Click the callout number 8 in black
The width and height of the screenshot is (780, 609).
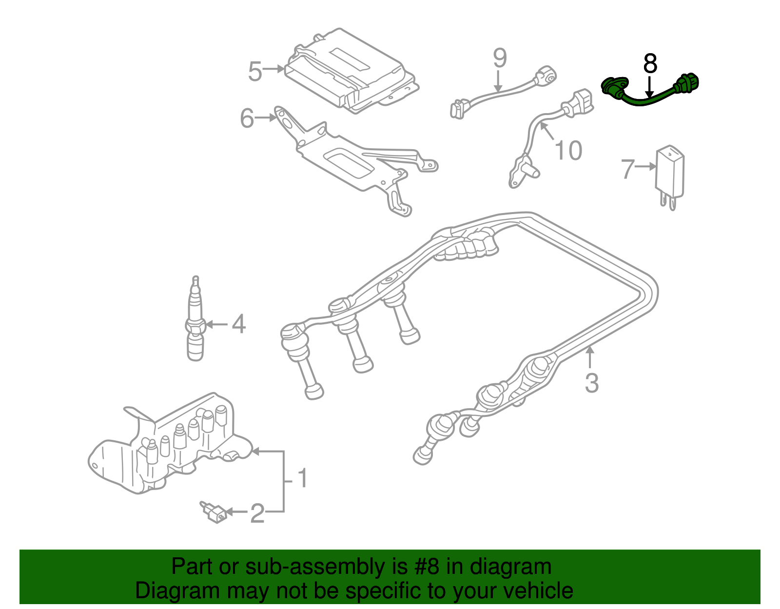650,64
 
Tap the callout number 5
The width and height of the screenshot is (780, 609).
255,71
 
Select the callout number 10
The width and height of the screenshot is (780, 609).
568,150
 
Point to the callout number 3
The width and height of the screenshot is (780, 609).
591,383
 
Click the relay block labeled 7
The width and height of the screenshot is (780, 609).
670,173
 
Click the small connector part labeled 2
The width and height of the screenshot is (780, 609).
214,512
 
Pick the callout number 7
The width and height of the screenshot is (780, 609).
627,169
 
